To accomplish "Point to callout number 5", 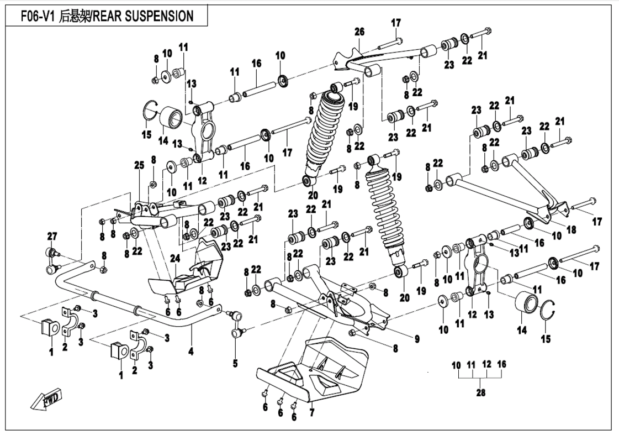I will (x=235, y=363).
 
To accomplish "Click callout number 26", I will (x=359, y=32).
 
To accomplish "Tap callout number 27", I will (x=51, y=237).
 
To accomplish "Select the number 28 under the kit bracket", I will (x=480, y=392).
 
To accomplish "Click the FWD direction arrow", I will (x=47, y=399).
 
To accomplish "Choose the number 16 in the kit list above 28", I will (x=501, y=365).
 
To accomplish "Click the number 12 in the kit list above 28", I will (x=486, y=365).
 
